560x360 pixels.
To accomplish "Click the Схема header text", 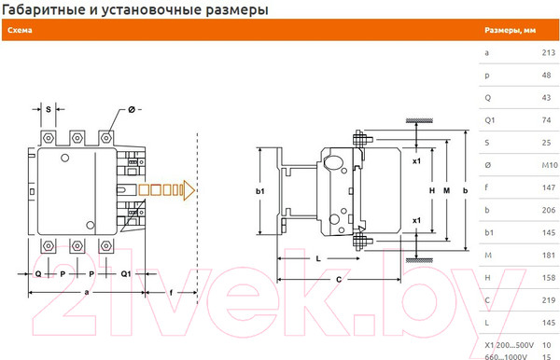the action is pos(21,30).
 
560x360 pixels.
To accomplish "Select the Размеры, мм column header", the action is pos(510,30).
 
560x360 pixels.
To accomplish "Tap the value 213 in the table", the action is pos(548,53).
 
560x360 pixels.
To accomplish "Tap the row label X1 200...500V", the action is pos(509,344).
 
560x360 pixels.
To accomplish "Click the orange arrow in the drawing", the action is pos(166,190).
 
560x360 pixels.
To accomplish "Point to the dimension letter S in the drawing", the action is pos(49,109).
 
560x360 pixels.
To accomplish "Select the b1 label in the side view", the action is pos(261,192).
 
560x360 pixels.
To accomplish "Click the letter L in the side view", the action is pos(318,257).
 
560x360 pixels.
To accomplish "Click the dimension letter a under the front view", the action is pos(86,292).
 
